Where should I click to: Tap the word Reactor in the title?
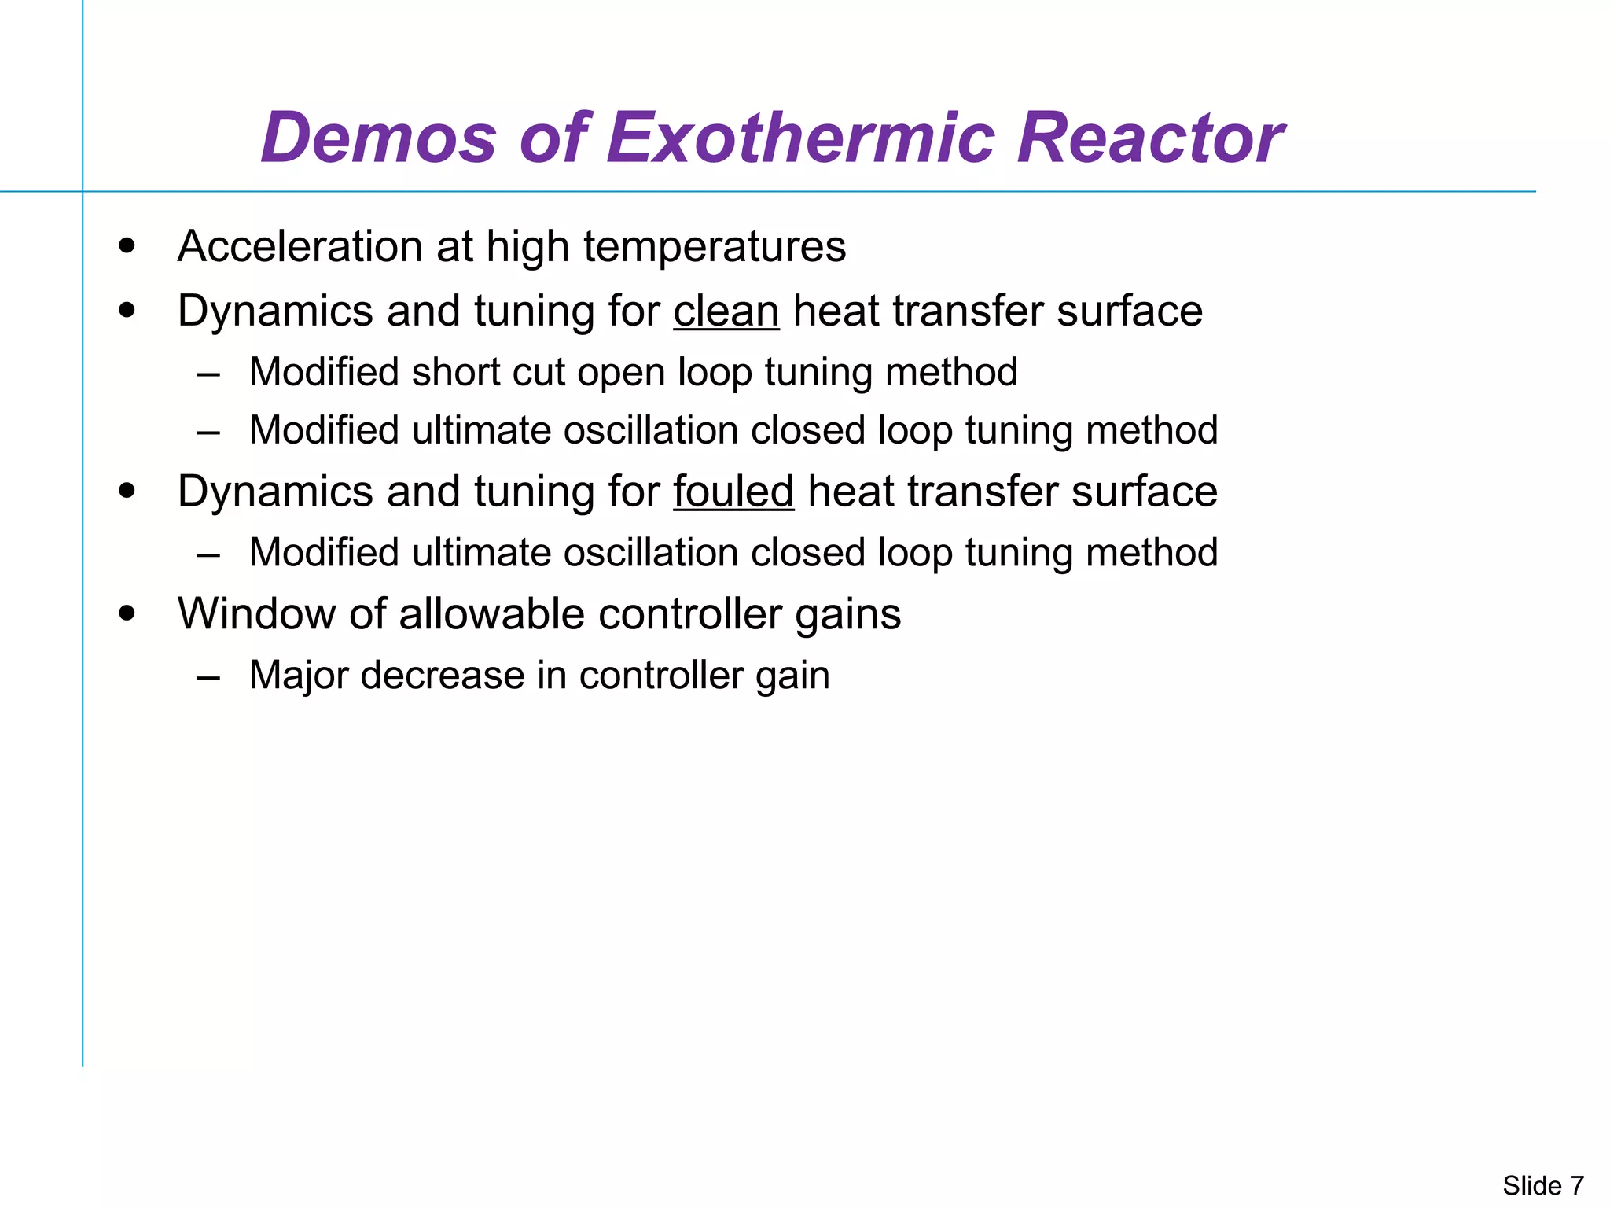(1149, 138)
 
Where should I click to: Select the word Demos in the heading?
(378, 138)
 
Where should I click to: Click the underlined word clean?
(726, 311)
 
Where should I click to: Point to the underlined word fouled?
(733, 492)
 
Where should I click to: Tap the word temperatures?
(715, 247)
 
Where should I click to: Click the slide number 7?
(1577, 1185)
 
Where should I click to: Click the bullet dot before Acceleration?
(127, 246)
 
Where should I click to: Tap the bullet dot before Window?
(127, 613)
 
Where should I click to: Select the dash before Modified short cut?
(209, 374)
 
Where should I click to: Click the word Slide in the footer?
(1532, 1185)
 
